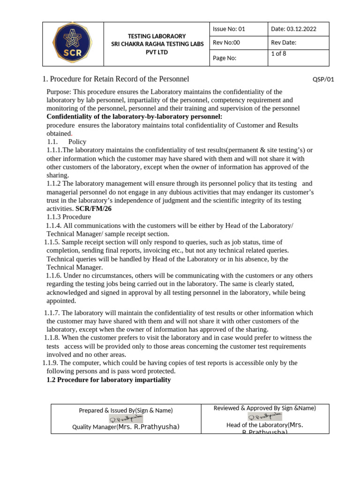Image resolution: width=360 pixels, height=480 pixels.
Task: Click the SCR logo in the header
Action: [x=72, y=44]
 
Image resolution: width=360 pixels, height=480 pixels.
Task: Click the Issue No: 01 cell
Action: [x=229, y=29]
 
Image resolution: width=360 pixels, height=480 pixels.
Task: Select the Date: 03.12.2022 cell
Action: [x=293, y=29]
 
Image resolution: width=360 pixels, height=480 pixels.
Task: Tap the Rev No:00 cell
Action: [x=226, y=43]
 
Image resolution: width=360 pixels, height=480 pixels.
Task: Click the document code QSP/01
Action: [x=323, y=79]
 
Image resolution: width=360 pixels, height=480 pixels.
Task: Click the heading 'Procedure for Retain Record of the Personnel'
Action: [x=119, y=79]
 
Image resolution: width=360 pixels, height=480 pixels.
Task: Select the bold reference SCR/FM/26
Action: [x=93, y=209]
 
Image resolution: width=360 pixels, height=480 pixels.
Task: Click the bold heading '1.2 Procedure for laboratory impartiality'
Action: [x=109, y=380]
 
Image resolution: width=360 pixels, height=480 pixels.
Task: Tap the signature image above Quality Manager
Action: [x=126, y=419]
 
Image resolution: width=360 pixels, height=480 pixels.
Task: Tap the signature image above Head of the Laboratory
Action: [x=265, y=417]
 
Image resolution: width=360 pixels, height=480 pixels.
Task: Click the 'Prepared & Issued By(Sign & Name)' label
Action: [x=126, y=411]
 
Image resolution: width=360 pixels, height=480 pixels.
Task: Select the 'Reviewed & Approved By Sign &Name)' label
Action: [x=264, y=408]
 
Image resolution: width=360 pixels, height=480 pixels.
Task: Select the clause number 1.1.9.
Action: [x=50, y=363]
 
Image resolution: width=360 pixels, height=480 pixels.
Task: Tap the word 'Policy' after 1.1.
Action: [x=77, y=142]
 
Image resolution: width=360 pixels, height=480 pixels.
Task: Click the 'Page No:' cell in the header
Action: [x=225, y=58]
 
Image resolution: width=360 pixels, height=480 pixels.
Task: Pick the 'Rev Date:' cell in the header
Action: [x=284, y=43]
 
